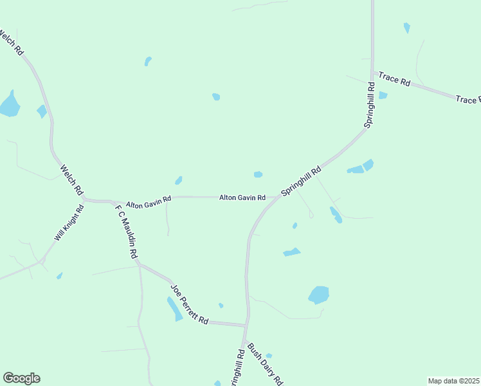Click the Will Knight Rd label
click(69, 223)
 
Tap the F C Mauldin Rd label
click(127, 232)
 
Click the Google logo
click(21, 378)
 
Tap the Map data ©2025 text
click(453, 381)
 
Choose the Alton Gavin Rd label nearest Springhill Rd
click(242, 198)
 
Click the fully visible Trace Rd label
click(394, 79)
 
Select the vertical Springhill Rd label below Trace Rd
click(371, 106)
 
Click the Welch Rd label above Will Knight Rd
click(71, 180)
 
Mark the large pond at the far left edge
click(9, 104)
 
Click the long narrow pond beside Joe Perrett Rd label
click(174, 309)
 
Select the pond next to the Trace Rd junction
click(383, 95)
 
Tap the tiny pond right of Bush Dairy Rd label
click(269, 355)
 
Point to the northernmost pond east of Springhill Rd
click(406, 28)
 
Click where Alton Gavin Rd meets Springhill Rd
click(278, 198)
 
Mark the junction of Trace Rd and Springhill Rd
click(372, 71)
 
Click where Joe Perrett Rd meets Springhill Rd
click(246, 324)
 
